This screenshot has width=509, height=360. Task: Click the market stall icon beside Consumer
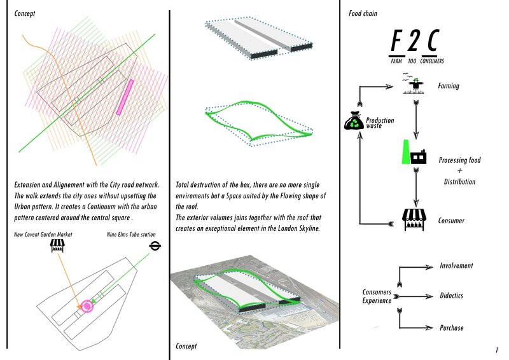(413, 220)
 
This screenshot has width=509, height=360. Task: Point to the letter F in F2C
(396, 43)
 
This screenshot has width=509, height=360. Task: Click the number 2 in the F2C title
(414, 43)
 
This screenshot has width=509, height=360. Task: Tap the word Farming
(449, 86)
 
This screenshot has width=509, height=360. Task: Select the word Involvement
(456, 266)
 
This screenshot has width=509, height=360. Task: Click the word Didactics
(452, 296)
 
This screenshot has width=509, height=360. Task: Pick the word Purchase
(452, 328)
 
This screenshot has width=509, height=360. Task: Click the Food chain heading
(364, 13)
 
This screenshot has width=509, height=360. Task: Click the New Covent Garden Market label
(43, 235)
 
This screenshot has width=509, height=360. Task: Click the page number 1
(496, 350)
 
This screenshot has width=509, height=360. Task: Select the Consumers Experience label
(376, 296)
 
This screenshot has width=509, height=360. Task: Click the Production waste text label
(380, 123)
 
